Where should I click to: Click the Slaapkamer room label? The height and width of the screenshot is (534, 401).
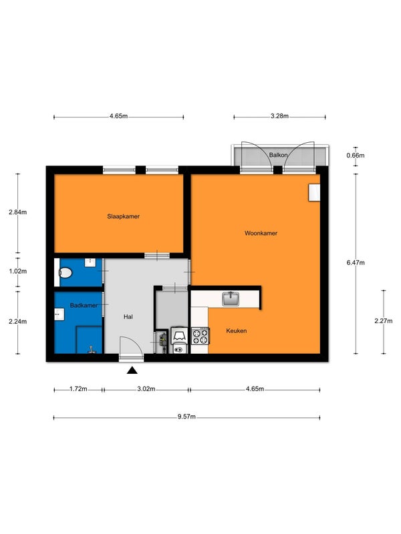pyautogui.click(x=123, y=216)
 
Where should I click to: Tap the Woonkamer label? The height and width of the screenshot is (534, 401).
pyautogui.click(x=261, y=233)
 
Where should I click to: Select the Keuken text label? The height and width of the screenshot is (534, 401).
pyautogui.click(x=237, y=330)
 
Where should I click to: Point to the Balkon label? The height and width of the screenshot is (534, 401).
pyautogui.click(x=278, y=155)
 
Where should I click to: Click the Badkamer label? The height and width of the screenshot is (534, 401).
pyautogui.click(x=84, y=306)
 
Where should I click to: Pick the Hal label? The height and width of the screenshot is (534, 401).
pyautogui.click(x=128, y=316)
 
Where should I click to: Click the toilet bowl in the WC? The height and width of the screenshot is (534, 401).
pyautogui.click(x=65, y=273)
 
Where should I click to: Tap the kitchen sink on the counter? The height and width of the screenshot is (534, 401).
pyautogui.click(x=231, y=299)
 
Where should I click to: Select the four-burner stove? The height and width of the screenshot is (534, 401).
pyautogui.click(x=200, y=336)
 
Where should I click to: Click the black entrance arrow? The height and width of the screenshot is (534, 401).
pyautogui.click(x=132, y=370)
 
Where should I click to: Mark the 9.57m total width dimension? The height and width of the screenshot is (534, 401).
pyautogui.click(x=186, y=417)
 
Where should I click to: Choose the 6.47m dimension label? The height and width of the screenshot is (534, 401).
pyautogui.click(x=356, y=262)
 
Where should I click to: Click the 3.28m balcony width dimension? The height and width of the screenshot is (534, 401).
pyautogui.click(x=279, y=116)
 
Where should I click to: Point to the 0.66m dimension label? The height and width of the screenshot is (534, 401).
pyautogui.click(x=356, y=156)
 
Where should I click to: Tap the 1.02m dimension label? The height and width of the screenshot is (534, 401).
pyautogui.click(x=18, y=272)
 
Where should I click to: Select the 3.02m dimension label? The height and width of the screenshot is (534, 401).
pyautogui.click(x=146, y=389)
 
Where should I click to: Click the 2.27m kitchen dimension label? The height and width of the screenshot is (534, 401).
pyautogui.click(x=383, y=321)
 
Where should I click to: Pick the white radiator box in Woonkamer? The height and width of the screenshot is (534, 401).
pyautogui.click(x=314, y=192)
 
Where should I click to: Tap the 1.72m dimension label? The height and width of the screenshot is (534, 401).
pyautogui.click(x=78, y=389)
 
